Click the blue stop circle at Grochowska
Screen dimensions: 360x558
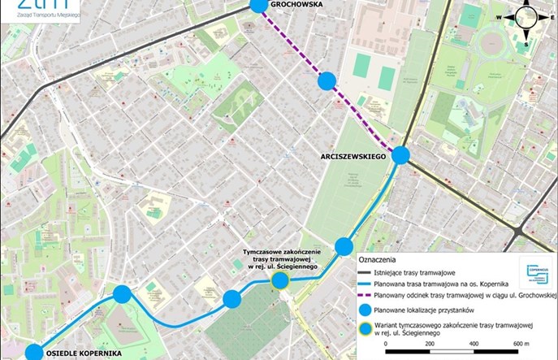[x=258, y=5]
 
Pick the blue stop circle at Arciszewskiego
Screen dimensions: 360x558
[x=401, y=155]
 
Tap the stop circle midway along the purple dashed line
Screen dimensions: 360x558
[x=327, y=80]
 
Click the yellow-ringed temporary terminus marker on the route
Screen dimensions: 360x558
[x=280, y=281]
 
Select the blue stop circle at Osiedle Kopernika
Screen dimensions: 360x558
[x=33, y=353]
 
